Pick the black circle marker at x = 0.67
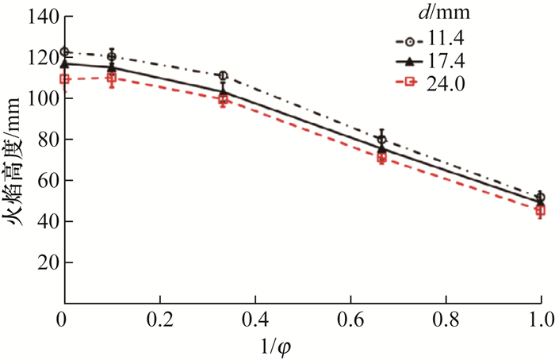tap(382, 139)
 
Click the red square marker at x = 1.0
tap(541, 210)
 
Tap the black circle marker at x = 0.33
tap(223, 76)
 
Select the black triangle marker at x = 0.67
tap(382, 147)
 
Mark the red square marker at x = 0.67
tap(382, 158)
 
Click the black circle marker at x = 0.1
tap(112, 56)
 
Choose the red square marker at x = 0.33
tap(223, 99)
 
